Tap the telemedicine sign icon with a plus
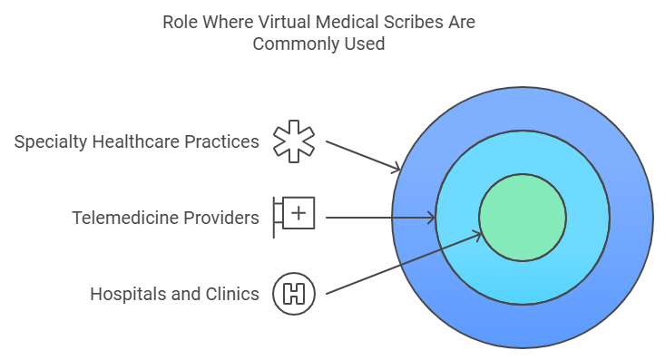tap(295, 217)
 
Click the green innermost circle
tap(523, 218)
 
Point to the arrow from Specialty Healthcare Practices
tap(362, 155)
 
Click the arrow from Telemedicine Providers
tap(380, 218)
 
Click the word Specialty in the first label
tap(50, 142)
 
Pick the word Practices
tap(225, 142)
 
